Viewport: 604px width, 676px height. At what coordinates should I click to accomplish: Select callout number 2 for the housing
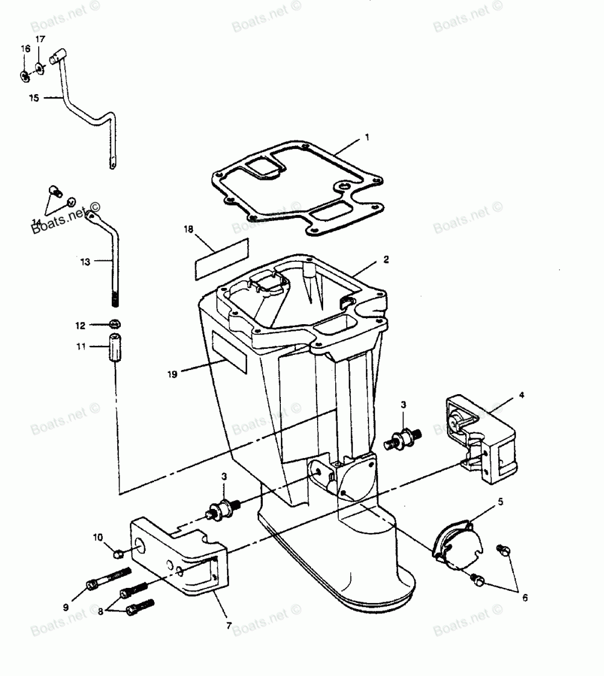pos(386,260)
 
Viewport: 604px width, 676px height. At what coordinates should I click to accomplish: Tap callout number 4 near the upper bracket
pos(521,395)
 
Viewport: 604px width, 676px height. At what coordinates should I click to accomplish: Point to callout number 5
pos(501,501)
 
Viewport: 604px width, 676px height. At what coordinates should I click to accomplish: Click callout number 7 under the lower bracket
pos(228,625)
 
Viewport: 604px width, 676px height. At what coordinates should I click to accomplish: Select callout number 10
pos(97,536)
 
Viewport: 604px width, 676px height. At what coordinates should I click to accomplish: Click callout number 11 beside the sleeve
pos(80,346)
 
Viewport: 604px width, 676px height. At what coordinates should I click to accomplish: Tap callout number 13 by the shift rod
pos(85,261)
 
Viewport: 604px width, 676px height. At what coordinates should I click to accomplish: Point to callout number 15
pos(33,97)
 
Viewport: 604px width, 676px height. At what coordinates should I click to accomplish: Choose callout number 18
pos(188,229)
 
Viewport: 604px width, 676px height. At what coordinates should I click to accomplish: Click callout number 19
pos(172,374)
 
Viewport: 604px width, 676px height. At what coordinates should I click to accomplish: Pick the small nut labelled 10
pos(119,551)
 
